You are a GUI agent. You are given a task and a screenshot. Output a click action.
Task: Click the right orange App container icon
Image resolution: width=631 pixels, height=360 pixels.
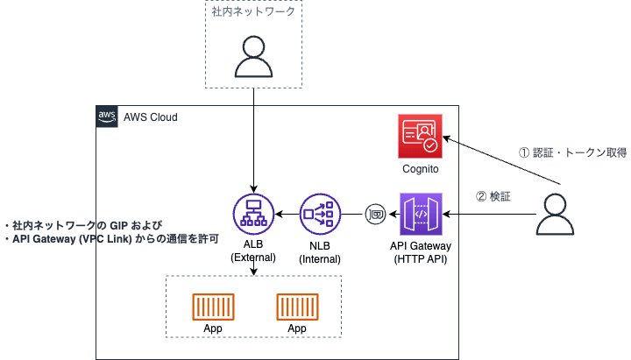pos(296,306)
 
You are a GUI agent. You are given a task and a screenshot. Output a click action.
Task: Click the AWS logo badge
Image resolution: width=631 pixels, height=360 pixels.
pos(107,117)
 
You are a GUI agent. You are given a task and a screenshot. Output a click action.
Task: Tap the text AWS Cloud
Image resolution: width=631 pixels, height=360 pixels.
pos(149,117)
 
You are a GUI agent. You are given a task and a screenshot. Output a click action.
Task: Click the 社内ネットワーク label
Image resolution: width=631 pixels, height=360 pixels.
pos(252,12)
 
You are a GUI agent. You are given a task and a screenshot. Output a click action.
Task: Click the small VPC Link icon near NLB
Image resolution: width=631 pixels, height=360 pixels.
pos(376,214)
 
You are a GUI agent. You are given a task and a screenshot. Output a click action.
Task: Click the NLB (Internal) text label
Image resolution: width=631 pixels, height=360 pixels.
pos(319,252)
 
